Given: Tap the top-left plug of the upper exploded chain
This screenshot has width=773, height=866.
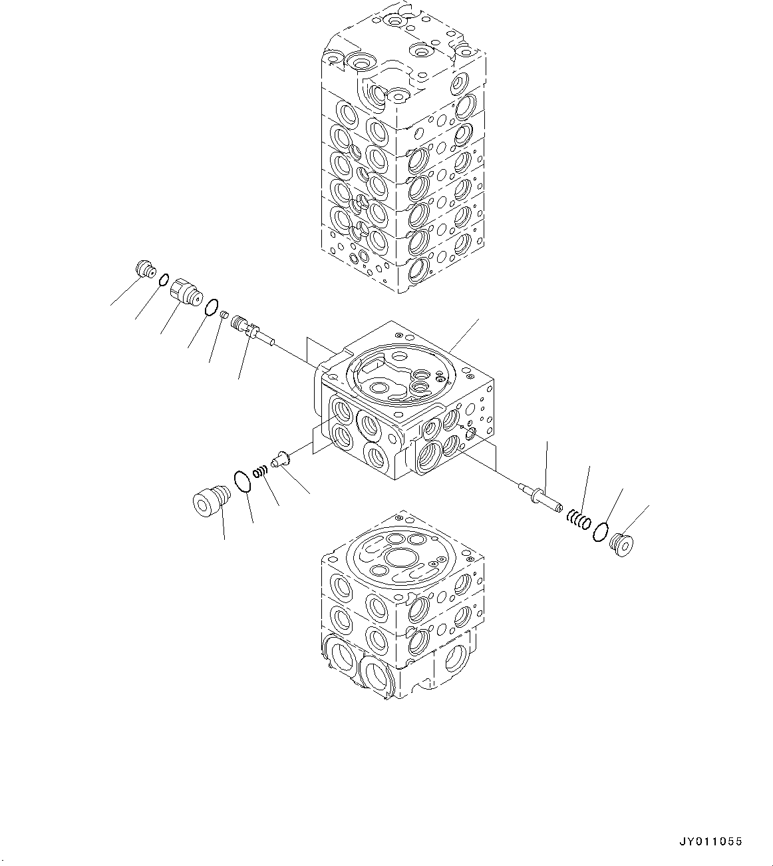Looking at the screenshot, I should coord(144,270).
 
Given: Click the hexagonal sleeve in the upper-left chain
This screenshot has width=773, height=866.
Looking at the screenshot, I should coord(185,294).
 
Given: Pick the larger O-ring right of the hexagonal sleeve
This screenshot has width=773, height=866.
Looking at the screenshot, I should coord(211,307).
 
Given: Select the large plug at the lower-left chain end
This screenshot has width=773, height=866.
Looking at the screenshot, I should coord(210,501).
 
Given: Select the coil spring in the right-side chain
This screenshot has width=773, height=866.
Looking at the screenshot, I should coord(579,518).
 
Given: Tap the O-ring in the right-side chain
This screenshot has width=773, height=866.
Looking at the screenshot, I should coord(600,531).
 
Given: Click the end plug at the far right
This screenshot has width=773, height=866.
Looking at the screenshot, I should coord(621,543).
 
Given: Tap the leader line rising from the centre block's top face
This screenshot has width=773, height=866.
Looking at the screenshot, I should coord(465,334).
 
